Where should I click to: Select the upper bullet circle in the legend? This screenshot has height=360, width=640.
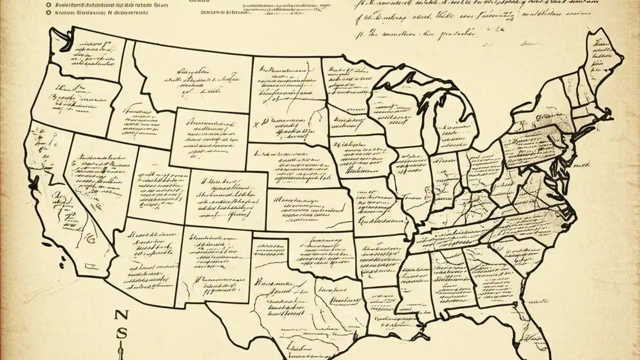[x=48, y=2]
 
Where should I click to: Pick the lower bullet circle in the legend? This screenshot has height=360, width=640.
[x=48, y=9]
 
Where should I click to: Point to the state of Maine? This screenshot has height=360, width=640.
[x=602, y=60]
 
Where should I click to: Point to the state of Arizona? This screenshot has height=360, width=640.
[x=150, y=260]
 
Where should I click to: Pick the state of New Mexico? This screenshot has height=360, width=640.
[x=215, y=265]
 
